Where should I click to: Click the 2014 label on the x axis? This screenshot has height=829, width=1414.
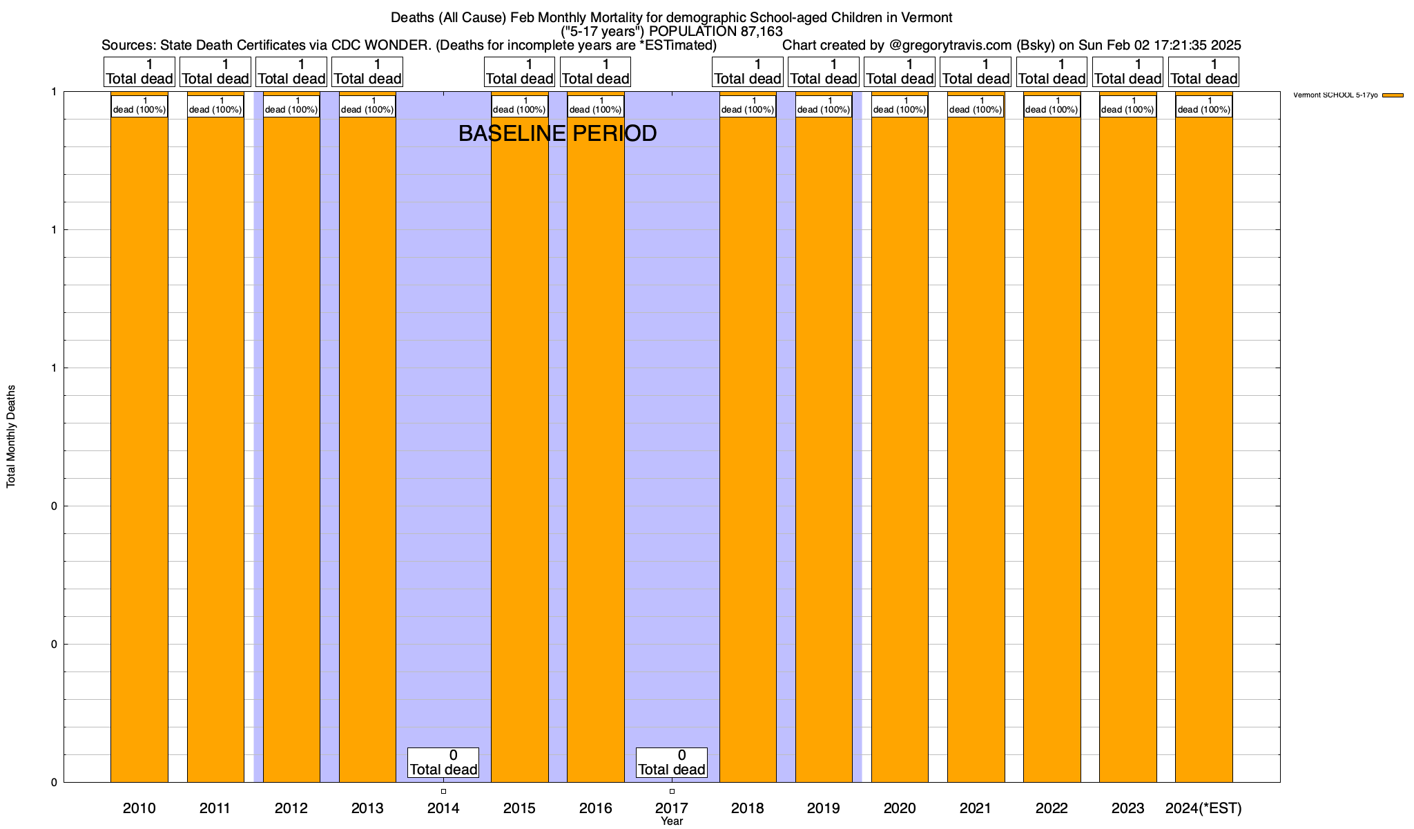(443, 808)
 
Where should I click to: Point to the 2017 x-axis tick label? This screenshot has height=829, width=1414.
(671, 808)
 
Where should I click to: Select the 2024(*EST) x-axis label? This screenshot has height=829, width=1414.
(1203, 808)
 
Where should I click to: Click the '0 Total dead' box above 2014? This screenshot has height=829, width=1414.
(443, 763)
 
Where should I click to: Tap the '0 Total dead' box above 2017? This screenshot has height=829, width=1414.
(671, 763)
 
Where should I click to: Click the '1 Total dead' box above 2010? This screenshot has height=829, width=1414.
(139, 72)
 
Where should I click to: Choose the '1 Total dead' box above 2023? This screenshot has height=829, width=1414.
(1128, 72)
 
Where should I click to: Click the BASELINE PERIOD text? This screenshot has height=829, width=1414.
(557, 133)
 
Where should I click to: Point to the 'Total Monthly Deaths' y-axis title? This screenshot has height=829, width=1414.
(11, 437)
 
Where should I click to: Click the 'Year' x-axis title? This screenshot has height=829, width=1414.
(671, 821)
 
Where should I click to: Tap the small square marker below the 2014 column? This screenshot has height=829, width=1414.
(443, 791)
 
